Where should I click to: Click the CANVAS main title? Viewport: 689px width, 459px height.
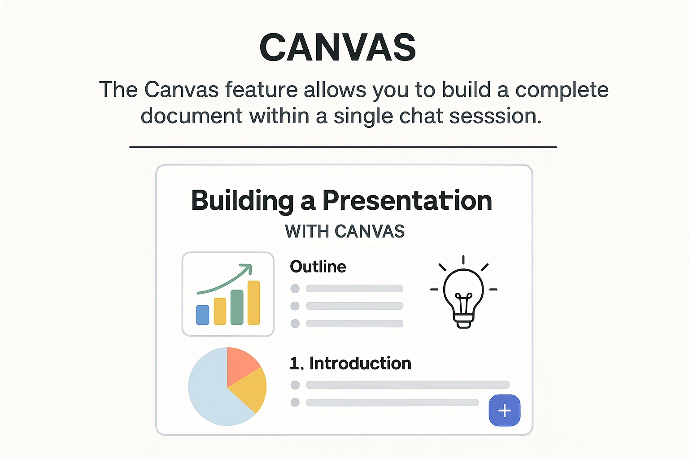(338, 48)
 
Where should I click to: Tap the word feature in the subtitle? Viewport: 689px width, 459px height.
(261, 90)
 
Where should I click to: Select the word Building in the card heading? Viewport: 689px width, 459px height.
(242, 201)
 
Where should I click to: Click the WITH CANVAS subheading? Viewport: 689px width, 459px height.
(344, 232)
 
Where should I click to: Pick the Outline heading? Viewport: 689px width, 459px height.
(318, 267)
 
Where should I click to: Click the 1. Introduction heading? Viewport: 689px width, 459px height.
(350, 364)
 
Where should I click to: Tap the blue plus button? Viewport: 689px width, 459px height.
(504, 411)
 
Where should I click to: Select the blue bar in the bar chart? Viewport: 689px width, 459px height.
(203, 315)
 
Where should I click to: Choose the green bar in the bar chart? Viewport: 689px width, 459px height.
(237, 307)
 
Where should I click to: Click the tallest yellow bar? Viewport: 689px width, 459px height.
(254, 303)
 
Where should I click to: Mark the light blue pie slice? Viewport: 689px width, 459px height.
(211, 394)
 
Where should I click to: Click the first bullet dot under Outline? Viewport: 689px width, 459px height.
(295, 289)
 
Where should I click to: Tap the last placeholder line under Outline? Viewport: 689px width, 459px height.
(354, 324)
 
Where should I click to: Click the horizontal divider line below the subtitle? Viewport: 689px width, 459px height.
(343, 147)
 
